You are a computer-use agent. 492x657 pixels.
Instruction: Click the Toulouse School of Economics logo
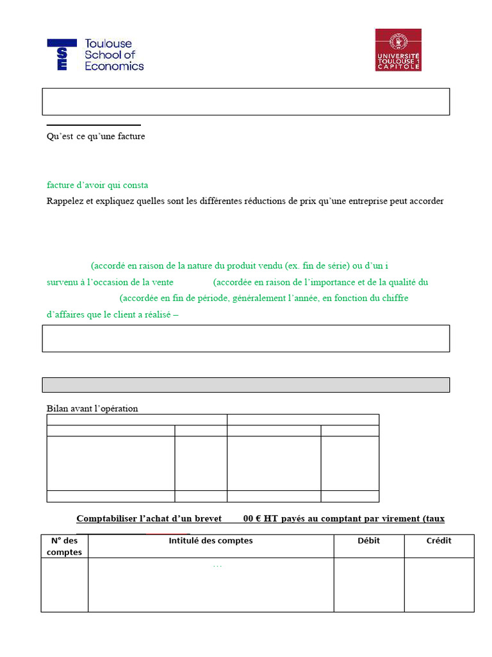click(x=95, y=55)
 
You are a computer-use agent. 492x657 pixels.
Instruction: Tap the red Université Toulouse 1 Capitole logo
click(x=398, y=49)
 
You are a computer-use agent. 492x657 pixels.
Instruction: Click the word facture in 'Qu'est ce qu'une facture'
click(x=130, y=137)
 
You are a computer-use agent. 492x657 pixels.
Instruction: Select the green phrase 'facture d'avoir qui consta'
click(x=97, y=185)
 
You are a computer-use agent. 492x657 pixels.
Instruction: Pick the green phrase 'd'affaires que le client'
click(x=95, y=315)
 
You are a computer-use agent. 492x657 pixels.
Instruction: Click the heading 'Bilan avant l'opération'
click(x=92, y=409)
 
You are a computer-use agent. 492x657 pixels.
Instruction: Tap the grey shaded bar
click(x=245, y=385)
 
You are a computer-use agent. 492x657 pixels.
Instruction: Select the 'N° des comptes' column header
click(x=65, y=546)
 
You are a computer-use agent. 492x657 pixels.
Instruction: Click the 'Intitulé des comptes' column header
click(x=211, y=541)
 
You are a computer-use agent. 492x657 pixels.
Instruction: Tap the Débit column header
click(x=368, y=541)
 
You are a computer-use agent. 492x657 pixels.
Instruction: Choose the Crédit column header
click(x=439, y=541)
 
